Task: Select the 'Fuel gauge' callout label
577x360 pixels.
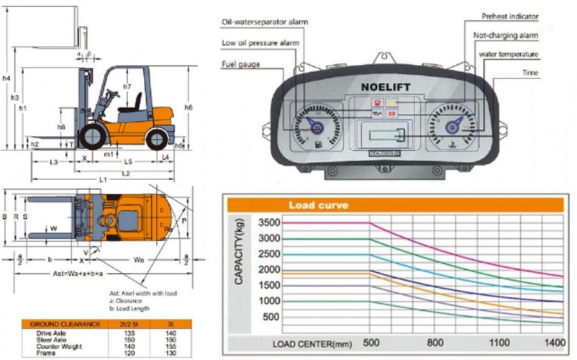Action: [x=241, y=66]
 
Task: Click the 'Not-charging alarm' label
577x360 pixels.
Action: [x=506, y=35]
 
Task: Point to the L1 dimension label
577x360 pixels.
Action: [x=103, y=179]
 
